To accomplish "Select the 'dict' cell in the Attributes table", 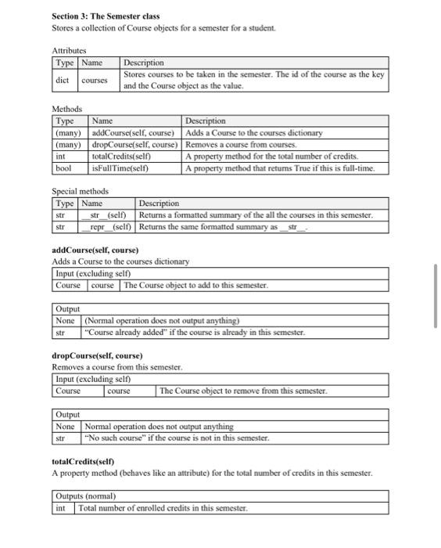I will coord(63,80).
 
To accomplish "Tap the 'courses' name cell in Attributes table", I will coord(95,80).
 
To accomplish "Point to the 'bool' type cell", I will coord(63,168).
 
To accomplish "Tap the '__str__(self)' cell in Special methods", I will coord(107,215).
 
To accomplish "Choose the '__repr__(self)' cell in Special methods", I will coord(108,227).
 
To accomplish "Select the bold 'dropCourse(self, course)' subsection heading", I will coord(97,356).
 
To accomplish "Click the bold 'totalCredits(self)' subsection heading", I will coord(83,463).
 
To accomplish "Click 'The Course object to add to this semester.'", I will coord(195,285).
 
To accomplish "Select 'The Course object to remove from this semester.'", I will coord(243,391).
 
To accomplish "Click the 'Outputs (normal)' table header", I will coord(85,496).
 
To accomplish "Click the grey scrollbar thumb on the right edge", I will coord(436,297).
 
